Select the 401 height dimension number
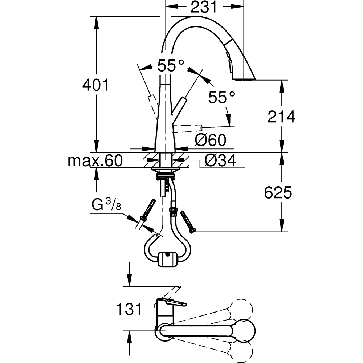[x=95, y=85]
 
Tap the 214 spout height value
[x=282, y=117]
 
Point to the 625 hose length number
[x=278, y=193]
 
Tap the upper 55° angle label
[x=171, y=66]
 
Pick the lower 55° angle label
[x=221, y=97]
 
